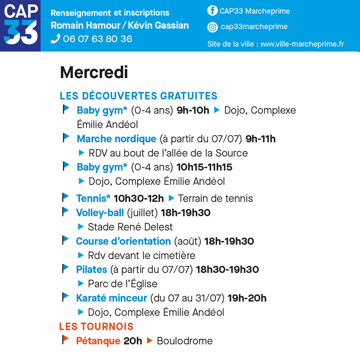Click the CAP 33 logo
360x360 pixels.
coord(20,26)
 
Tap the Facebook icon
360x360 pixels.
coord(212,11)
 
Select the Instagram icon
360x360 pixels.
coord(212,27)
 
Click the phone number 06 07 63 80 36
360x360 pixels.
coord(97,39)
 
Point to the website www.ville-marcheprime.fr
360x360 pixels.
coord(302,44)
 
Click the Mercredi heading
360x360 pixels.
coord(94,72)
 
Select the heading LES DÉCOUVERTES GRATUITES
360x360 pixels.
coord(138,96)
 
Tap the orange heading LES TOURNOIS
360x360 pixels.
coord(96,326)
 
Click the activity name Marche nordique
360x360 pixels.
coord(116,139)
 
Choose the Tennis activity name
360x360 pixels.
coord(93,198)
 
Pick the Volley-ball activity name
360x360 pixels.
coord(100,213)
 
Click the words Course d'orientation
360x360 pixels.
coord(123,241)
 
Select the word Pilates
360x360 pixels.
coord(91,269)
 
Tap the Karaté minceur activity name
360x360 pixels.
coord(111,298)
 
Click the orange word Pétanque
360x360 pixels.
coord(98,341)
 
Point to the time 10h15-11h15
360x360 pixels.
coord(204,167)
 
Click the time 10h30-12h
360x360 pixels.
coord(139,198)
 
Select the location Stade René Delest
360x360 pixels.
coord(130,227)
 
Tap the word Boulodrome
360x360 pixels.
coord(185,341)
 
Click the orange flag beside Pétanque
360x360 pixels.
coord(65,340)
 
